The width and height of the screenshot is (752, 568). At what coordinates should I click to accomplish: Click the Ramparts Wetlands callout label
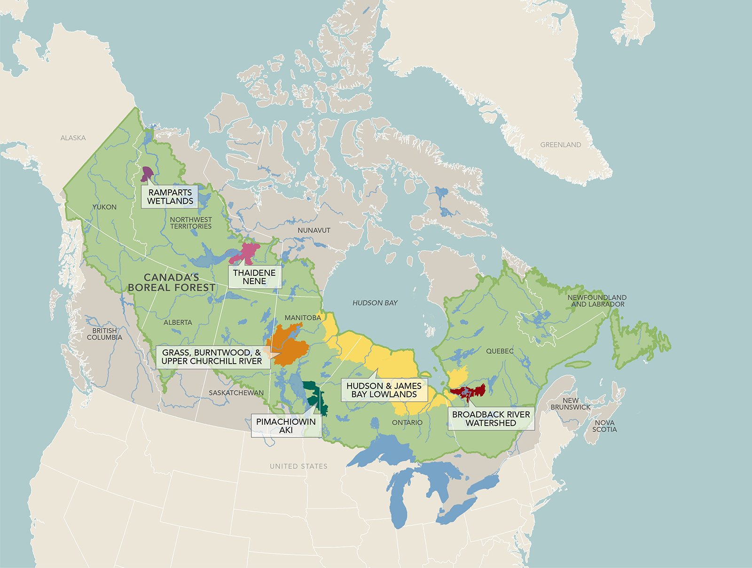click(x=170, y=196)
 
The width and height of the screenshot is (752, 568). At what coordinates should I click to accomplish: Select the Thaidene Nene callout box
click(x=254, y=277)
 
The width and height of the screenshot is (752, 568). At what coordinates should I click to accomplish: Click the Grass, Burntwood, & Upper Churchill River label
click(x=211, y=357)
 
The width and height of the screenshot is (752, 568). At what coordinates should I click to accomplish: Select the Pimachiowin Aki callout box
click(x=286, y=426)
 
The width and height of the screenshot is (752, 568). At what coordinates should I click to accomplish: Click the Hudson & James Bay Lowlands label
click(x=384, y=390)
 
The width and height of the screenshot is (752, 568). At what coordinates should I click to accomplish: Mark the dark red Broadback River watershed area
click(x=468, y=391)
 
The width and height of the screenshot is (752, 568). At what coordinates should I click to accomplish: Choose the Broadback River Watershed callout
click(x=491, y=419)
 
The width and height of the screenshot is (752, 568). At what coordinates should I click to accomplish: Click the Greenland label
click(x=560, y=145)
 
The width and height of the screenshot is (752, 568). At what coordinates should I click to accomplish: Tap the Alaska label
click(x=73, y=138)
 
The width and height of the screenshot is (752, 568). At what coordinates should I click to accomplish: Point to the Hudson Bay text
click(x=375, y=303)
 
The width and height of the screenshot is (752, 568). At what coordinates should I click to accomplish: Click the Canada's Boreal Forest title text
click(x=172, y=282)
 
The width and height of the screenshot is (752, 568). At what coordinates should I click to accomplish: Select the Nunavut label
click(x=314, y=230)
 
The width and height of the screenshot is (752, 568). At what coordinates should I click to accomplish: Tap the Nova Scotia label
click(x=604, y=426)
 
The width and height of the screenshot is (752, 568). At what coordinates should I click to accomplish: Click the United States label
click(x=298, y=466)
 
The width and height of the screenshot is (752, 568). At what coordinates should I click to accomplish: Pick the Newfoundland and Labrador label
click(x=597, y=301)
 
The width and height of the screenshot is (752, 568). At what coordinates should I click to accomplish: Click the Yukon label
click(x=104, y=207)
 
